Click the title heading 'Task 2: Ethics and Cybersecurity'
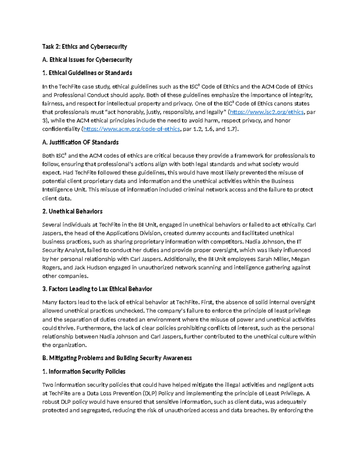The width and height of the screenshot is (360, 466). (x=85, y=47)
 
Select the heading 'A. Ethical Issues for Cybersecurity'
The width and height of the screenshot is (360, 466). (x=87, y=60)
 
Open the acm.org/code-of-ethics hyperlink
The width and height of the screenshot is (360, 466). (x=131, y=129)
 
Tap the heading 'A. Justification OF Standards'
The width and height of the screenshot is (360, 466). (x=80, y=142)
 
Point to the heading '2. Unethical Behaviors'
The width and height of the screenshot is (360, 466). (x=72, y=211)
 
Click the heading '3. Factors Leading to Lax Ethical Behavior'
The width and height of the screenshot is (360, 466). (x=97, y=289)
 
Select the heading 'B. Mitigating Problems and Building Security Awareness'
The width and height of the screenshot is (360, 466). (x=117, y=358)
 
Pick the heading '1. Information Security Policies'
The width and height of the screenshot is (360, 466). (x=84, y=371)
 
